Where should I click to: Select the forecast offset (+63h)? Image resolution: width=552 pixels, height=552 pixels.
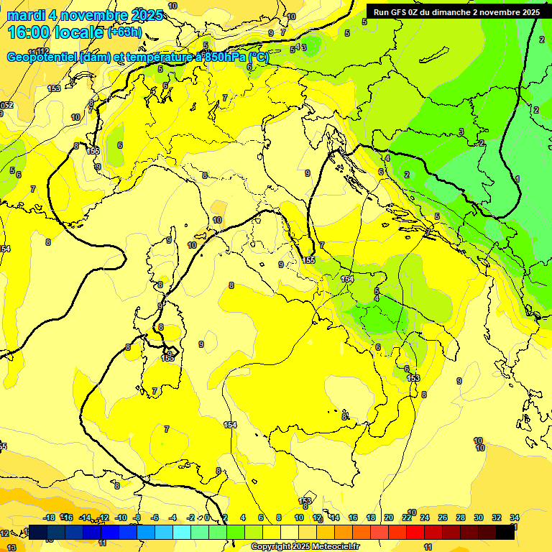(124, 32)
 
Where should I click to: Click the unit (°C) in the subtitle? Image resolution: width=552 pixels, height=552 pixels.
(258, 57)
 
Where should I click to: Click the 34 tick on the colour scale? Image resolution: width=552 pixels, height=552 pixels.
(515, 517)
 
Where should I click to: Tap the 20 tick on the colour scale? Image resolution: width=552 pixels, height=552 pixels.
(389, 517)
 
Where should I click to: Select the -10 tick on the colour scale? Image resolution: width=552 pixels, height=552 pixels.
(121, 517)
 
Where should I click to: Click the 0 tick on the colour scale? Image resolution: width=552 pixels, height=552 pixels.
(207, 517)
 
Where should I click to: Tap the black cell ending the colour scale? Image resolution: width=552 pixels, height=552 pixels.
(505, 532)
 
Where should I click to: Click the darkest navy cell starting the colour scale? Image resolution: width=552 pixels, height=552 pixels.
(39, 532)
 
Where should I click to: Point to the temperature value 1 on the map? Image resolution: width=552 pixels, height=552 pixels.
(517, 178)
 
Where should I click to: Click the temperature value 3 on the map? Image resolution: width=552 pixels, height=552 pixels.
(461, 132)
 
